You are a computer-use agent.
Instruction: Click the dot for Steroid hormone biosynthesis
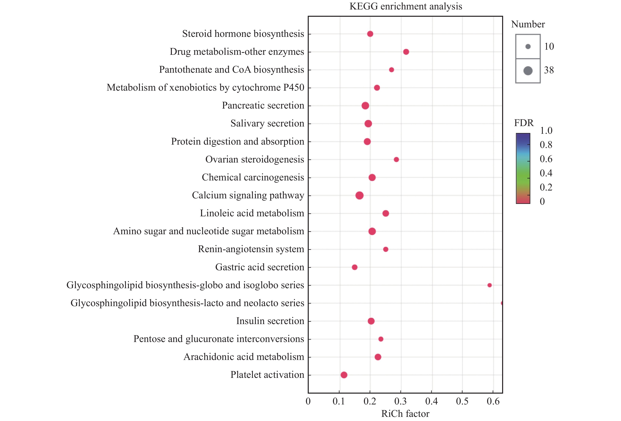point(370,34)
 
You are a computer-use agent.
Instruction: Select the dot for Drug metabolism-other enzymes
point(406,52)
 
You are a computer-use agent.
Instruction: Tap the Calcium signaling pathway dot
point(359,195)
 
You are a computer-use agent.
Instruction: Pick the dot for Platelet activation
point(344,375)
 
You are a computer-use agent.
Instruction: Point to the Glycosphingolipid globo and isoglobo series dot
point(490,285)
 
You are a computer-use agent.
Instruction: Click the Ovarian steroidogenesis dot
point(396,159)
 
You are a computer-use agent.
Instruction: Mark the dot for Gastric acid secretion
point(355,267)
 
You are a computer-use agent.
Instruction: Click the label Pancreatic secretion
point(263,105)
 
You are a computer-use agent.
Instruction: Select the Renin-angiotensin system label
point(251,249)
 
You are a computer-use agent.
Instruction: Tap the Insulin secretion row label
point(270,321)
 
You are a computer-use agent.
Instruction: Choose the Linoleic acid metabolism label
point(252,213)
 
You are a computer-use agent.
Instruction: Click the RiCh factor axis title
point(405,414)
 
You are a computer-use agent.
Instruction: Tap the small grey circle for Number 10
point(528,47)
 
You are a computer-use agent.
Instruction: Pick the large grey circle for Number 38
point(528,71)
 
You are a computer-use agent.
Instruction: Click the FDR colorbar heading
point(524,123)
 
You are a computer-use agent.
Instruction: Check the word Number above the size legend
point(528,24)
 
